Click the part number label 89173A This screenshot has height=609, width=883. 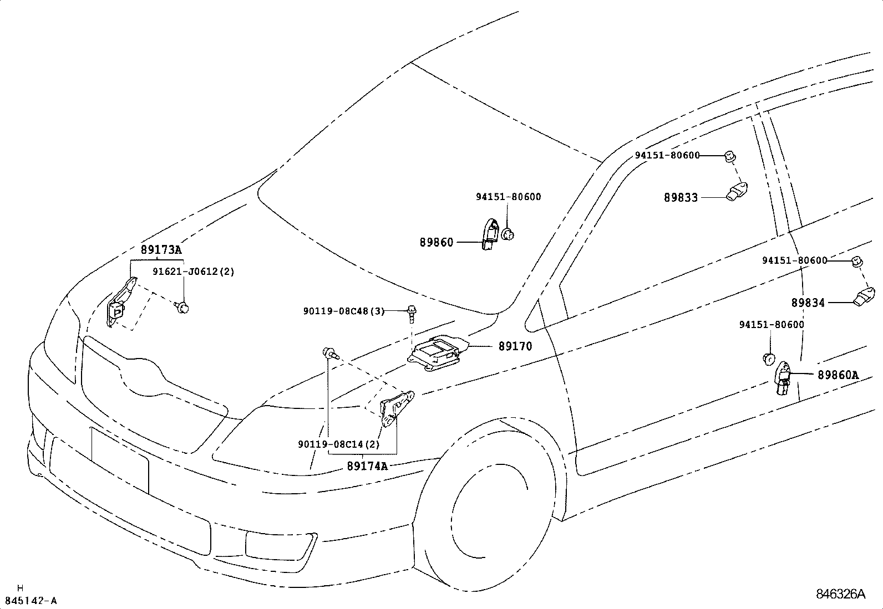click(x=161, y=250)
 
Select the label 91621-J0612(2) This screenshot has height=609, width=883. click(x=194, y=272)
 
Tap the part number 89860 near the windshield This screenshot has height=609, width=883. click(x=437, y=242)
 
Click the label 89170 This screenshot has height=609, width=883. click(x=515, y=346)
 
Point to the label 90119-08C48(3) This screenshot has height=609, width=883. click(x=343, y=311)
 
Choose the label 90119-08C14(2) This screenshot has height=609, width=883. click(x=338, y=444)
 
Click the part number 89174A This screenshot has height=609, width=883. click(x=367, y=466)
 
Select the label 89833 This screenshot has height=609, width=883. click(x=681, y=197)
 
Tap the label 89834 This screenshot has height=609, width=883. click(x=808, y=303)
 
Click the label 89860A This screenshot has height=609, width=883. click(x=838, y=375)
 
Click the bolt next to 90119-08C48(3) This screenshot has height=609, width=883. click(x=412, y=313)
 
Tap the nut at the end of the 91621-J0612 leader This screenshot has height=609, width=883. click(x=182, y=306)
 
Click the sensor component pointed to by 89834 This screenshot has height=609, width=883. click(x=864, y=296)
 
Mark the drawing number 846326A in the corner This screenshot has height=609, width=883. click(x=840, y=595)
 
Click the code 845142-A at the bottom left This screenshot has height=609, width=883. click(x=31, y=601)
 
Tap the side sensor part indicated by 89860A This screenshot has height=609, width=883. click(x=783, y=378)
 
